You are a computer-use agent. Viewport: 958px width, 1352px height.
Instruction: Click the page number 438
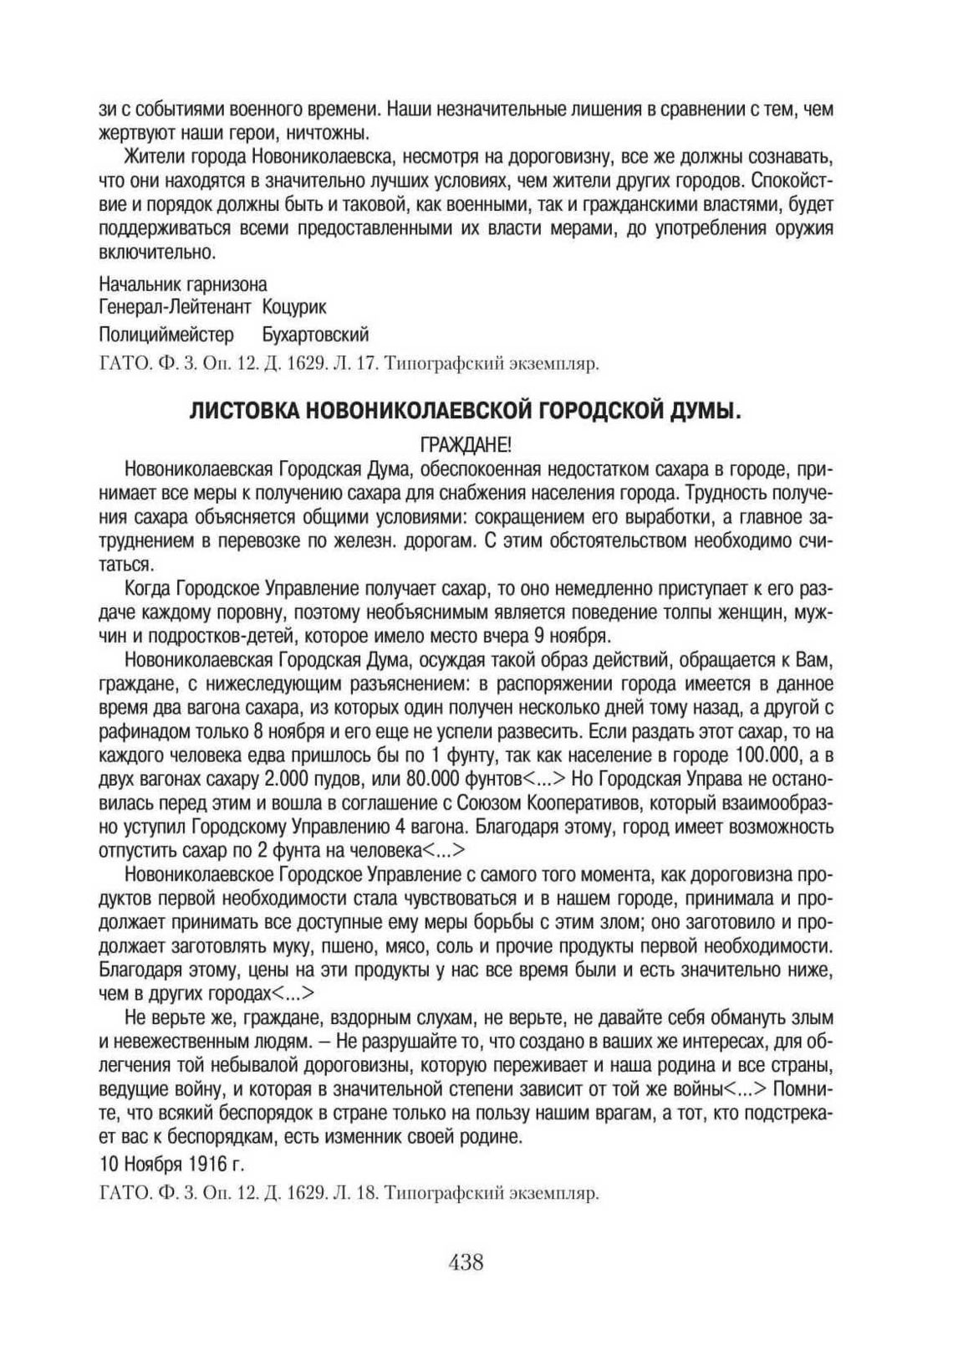point(466,1262)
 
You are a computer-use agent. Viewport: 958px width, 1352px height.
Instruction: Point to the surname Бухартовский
point(315,335)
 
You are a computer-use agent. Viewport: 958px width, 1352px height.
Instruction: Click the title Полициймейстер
point(166,335)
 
